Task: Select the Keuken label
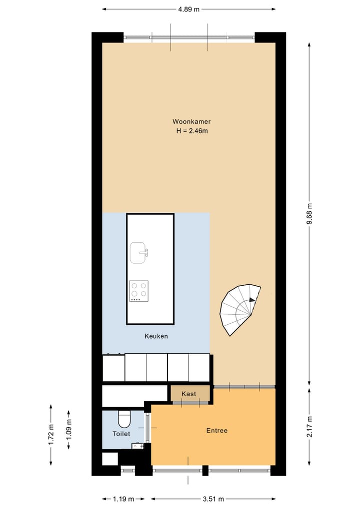click(x=156, y=336)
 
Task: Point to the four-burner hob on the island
click(x=138, y=291)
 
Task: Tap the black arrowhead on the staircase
click(x=252, y=300)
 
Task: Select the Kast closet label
click(x=189, y=394)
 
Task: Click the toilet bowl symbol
click(x=123, y=417)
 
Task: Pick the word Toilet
click(x=121, y=434)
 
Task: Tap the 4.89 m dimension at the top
click(x=188, y=9)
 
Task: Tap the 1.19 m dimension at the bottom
click(x=123, y=499)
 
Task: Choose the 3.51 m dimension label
click(x=213, y=499)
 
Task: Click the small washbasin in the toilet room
click(x=137, y=446)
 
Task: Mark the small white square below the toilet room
click(x=109, y=459)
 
